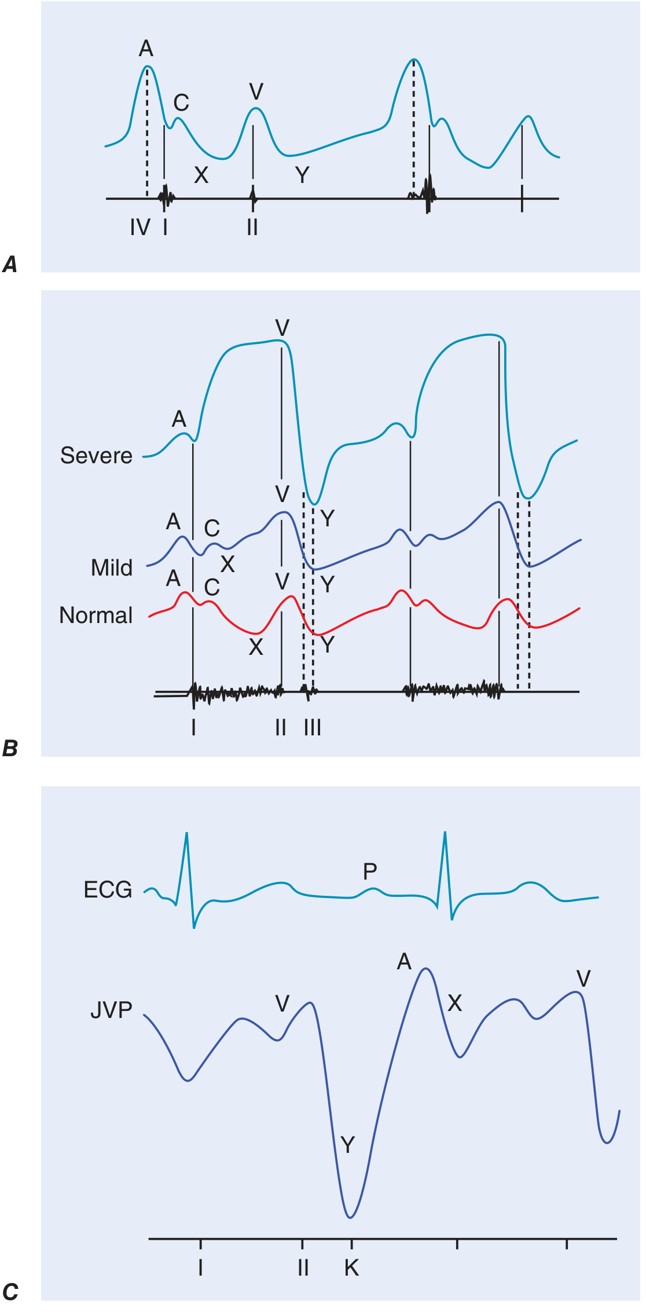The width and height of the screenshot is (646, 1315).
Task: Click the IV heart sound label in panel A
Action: (140, 228)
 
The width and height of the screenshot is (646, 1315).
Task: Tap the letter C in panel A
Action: (181, 103)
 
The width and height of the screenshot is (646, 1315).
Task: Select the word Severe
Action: (96, 456)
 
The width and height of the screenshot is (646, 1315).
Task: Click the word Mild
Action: (112, 568)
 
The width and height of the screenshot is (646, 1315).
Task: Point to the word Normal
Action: (96, 616)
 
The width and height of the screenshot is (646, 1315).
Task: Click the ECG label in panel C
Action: (108, 890)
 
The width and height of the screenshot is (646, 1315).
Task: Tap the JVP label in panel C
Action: (111, 1010)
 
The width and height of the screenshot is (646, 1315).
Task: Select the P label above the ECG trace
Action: (370, 871)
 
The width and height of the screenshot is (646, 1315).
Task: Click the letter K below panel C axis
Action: (351, 1268)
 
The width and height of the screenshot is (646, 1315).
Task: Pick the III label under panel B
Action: (313, 727)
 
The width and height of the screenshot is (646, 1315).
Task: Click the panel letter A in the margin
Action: (10, 265)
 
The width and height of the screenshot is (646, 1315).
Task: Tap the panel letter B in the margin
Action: (10, 749)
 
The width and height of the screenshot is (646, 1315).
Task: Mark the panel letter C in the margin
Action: (10, 1292)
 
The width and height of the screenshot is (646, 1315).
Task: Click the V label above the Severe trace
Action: (282, 328)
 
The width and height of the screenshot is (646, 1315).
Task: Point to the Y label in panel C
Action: (347, 1145)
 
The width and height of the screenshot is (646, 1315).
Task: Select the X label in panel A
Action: (201, 175)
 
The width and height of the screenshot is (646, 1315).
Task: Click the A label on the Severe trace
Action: (179, 419)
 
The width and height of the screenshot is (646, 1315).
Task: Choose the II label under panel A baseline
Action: (252, 228)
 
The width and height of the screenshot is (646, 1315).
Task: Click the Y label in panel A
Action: (302, 175)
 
